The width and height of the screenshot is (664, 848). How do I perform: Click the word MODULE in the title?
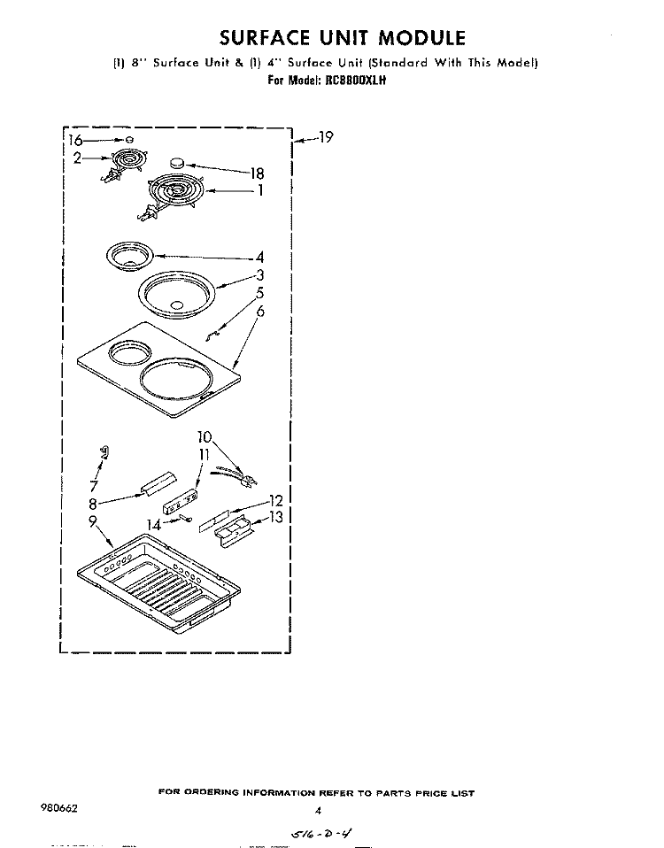click(421, 38)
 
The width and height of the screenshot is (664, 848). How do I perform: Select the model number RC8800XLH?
click(355, 81)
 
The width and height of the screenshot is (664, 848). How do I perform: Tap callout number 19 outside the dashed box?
click(326, 137)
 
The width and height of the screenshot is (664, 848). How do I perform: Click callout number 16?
click(75, 141)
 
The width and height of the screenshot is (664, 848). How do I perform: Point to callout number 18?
click(257, 173)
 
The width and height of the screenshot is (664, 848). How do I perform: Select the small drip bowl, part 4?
click(130, 256)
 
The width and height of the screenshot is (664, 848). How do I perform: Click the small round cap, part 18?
click(176, 162)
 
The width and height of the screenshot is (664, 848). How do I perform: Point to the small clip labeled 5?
click(212, 335)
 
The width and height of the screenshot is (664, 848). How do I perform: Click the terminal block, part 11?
click(180, 501)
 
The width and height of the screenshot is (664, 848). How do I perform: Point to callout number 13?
click(275, 518)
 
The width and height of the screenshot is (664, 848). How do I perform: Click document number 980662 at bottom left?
click(59, 808)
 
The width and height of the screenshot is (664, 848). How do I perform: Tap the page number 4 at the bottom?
click(319, 811)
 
